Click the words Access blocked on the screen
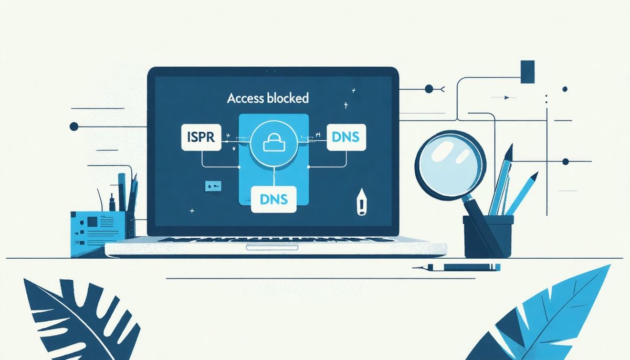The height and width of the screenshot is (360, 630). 268,98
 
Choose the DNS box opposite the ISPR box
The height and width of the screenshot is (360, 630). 346,137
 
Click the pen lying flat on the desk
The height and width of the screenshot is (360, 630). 457,267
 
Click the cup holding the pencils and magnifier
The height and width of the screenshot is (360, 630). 488,237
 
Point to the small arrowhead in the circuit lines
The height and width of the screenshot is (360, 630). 507,98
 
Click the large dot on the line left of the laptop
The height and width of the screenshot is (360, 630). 73,126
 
